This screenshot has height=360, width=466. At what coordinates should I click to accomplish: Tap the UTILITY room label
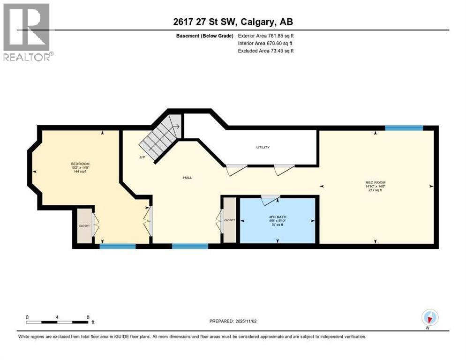click(263, 147)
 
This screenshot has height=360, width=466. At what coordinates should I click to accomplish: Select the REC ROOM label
click(375, 182)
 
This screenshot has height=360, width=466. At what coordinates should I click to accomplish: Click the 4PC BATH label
click(277, 217)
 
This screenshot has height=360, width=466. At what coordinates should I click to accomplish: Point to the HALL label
click(188, 177)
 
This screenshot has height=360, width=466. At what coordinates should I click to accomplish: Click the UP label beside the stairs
click(142, 157)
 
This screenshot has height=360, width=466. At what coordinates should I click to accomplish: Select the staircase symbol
click(162, 136)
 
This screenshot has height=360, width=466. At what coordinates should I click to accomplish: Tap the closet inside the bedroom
click(84, 225)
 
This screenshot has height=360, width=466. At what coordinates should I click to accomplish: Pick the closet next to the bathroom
click(230, 220)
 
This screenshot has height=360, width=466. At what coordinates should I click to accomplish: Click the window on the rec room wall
click(404, 127)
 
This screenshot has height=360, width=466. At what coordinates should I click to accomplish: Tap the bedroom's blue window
click(118, 246)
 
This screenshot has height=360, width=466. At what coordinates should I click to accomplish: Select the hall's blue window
click(190, 246)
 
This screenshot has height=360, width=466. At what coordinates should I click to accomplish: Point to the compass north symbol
click(429, 317)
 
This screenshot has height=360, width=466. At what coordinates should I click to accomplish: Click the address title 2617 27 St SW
click(233, 22)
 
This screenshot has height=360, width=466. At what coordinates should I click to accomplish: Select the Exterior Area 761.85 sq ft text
click(266, 36)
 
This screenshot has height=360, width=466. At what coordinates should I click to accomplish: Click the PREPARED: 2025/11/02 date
click(233, 321)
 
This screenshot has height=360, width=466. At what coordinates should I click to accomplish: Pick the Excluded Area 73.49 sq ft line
click(266, 51)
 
